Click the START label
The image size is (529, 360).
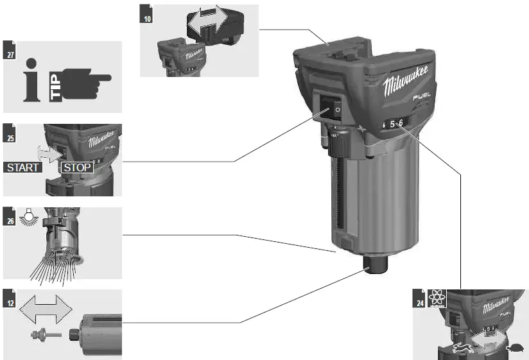point(23,168)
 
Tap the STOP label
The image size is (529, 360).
point(76,168)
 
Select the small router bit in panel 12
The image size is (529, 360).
point(45,334)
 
